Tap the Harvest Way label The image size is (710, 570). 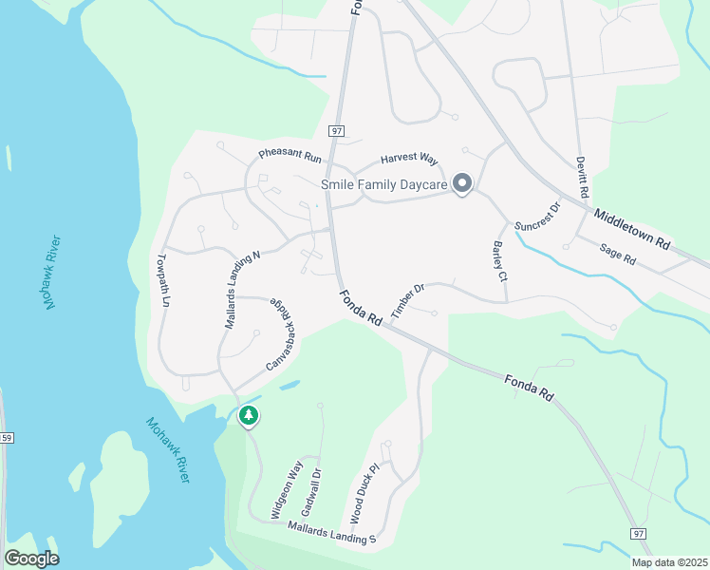click(409, 159)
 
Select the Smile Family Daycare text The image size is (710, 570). click(383, 183)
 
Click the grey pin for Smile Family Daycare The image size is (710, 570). click(462, 183)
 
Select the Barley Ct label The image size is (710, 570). click(499, 261)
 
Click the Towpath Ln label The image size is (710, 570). click(163, 280)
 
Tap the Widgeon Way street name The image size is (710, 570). click(286, 488)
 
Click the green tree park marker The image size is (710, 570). click(249, 415)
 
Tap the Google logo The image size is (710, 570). click(31, 559)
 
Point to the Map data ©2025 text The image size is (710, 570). click(669, 562)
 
